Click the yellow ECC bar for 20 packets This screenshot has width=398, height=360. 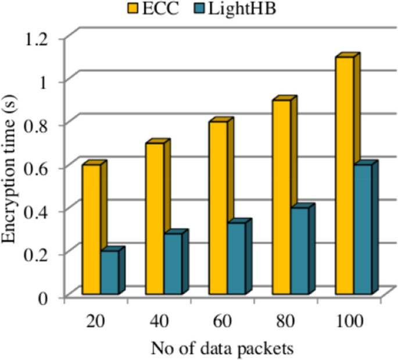tap(91, 230)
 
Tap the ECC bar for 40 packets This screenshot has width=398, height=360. tap(155, 219)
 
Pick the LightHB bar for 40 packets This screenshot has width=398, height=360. tap(173, 264)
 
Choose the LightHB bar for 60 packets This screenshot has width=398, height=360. tap(236, 259)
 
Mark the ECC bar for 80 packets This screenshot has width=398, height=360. tap(281, 197)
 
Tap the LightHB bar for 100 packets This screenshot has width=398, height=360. tap(363, 229)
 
